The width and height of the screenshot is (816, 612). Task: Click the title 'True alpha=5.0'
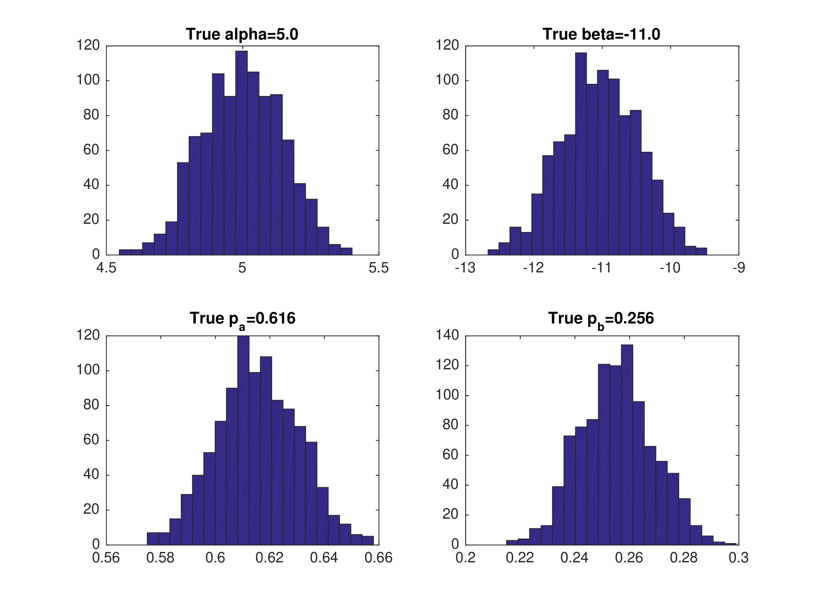pyautogui.click(x=242, y=34)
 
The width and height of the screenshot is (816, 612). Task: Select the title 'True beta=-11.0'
pyautogui.click(x=601, y=34)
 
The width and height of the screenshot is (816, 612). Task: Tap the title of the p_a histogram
pyautogui.click(x=242, y=319)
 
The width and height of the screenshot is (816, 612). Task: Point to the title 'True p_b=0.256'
pyautogui.click(x=601, y=319)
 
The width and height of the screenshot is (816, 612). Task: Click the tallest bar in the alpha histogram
pyautogui.click(x=242, y=153)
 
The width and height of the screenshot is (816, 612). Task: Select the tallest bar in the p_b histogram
pyautogui.click(x=627, y=444)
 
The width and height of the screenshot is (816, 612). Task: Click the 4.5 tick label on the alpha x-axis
pyautogui.click(x=106, y=268)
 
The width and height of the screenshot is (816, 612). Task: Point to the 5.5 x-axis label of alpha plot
pyautogui.click(x=378, y=268)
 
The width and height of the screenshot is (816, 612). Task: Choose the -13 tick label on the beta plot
pyautogui.click(x=465, y=268)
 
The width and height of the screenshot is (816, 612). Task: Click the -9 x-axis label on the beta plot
pyautogui.click(x=739, y=268)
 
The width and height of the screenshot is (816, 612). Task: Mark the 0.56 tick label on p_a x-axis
pyautogui.click(x=106, y=558)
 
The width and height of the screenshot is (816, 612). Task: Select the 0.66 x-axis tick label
pyautogui.click(x=378, y=558)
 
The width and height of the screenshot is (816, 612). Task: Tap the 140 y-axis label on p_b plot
pyautogui.click(x=447, y=335)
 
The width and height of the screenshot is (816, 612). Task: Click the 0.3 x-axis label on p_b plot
pyautogui.click(x=739, y=558)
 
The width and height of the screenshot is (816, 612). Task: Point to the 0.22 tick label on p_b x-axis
pyautogui.click(x=520, y=558)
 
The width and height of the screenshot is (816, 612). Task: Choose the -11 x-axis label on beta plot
pyautogui.click(x=601, y=268)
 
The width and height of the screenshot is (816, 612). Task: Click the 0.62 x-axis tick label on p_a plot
pyautogui.click(x=270, y=558)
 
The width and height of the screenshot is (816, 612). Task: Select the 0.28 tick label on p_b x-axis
pyautogui.click(x=683, y=558)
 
